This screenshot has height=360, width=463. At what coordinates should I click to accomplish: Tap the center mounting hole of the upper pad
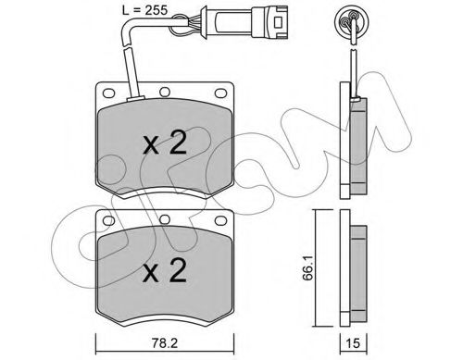164,93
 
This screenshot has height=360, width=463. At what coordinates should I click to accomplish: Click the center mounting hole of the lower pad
164,221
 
